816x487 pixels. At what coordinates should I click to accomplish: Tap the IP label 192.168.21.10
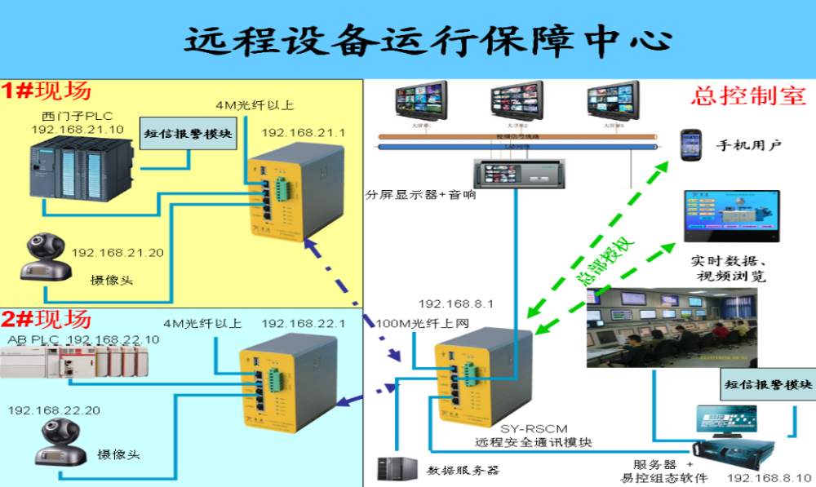pos(77,129)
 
